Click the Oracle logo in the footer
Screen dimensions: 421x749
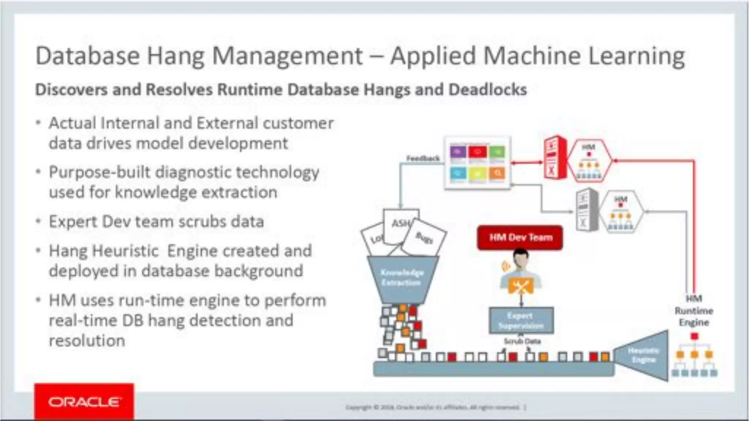(x=84, y=402)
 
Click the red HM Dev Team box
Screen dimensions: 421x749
(x=520, y=238)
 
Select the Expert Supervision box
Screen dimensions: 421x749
(x=521, y=321)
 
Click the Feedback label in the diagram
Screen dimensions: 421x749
(x=423, y=158)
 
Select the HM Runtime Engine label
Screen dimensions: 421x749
(x=694, y=311)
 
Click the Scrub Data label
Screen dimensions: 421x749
(x=522, y=341)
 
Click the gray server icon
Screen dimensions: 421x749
(x=586, y=210)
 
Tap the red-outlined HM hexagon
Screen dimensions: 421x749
(x=589, y=161)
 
